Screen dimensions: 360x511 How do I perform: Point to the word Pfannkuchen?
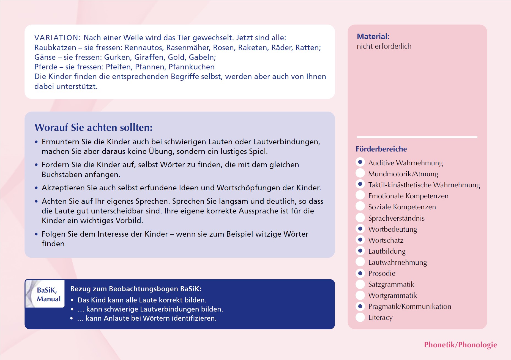[x=192, y=67]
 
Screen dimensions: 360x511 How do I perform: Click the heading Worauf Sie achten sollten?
[x=93, y=128]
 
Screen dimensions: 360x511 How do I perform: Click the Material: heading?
[x=373, y=36]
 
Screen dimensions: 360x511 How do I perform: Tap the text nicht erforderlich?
[x=384, y=46]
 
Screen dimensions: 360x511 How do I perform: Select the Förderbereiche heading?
[x=381, y=149]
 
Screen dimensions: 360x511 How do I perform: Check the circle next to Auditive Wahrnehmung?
[x=360, y=162]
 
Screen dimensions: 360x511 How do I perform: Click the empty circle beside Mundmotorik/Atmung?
[x=360, y=173]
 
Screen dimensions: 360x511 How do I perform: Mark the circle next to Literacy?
[x=360, y=317]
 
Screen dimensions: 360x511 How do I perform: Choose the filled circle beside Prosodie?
[x=360, y=273]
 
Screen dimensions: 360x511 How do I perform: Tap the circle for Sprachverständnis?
[x=360, y=218]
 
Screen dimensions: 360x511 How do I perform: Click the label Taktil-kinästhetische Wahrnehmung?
[x=424, y=185]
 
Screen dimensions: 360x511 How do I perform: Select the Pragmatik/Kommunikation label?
[x=409, y=306]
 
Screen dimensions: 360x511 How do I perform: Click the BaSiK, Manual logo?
[x=45, y=294]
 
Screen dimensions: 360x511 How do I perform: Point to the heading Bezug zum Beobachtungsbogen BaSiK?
[x=136, y=289]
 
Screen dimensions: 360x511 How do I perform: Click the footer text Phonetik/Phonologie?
[x=460, y=345]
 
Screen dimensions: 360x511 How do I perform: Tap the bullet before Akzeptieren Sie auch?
[x=36, y=188]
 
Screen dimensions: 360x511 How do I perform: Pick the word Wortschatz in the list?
[x=386, y=240]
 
